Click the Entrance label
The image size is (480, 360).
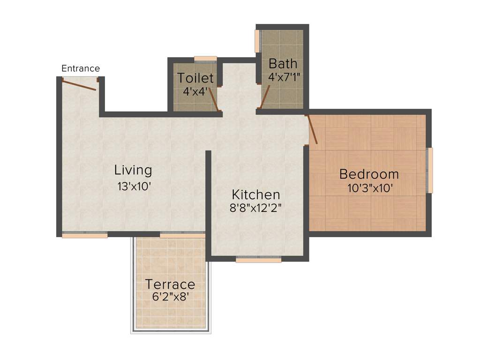coord(81,68)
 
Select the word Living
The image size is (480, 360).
coord(134,170)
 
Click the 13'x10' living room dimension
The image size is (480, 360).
coord(134,186)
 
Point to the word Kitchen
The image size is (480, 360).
coord(256,195)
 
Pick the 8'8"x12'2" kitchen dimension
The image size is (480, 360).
coord(256,208)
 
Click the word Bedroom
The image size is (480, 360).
coord(369,174)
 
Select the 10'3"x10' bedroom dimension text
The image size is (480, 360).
coord(369,188)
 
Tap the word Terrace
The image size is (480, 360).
coord(170,285)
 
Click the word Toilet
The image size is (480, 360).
coord(195,78)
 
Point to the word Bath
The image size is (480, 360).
coord(283,63)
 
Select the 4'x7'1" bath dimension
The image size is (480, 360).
coord(284,76)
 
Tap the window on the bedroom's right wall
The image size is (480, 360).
coord(429,170)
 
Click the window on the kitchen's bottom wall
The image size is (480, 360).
coord(258,259)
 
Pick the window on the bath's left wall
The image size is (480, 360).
coord(257,41)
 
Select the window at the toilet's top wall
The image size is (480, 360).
coord(205,59)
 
